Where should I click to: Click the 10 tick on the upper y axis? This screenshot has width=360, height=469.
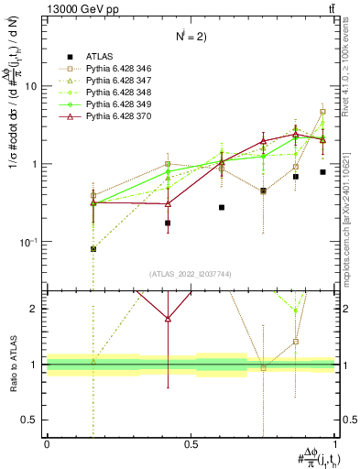pos(30,86)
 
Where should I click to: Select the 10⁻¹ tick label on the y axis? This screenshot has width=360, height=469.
pos(27,242)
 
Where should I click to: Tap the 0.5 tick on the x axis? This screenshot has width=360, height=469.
pos(191,444)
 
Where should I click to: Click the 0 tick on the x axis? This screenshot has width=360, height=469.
pos(47,444)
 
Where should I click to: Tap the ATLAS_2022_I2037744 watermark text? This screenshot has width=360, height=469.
pos(191,274)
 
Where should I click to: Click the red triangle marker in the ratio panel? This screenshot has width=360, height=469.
pos(168,319)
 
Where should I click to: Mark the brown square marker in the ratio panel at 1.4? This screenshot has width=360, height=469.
pos(296,342)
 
